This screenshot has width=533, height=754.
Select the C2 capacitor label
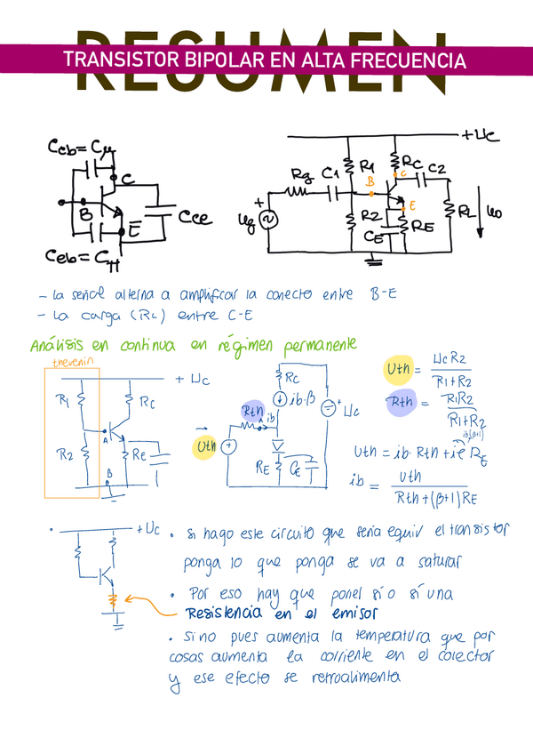point(435,168)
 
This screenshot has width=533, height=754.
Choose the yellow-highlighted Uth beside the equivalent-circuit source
point(207,445)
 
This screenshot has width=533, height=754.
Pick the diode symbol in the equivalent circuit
point(279,443)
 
